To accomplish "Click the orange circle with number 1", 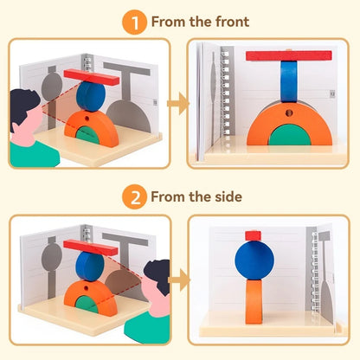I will [133, 21].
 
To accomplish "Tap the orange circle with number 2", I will [133, 197].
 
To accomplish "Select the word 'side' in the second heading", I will [227, 197].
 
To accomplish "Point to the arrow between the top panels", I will [178, 105].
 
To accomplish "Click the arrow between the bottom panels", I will [178, 280].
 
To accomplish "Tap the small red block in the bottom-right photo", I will [253, 235].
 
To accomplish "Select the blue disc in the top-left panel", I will [91, 95].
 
